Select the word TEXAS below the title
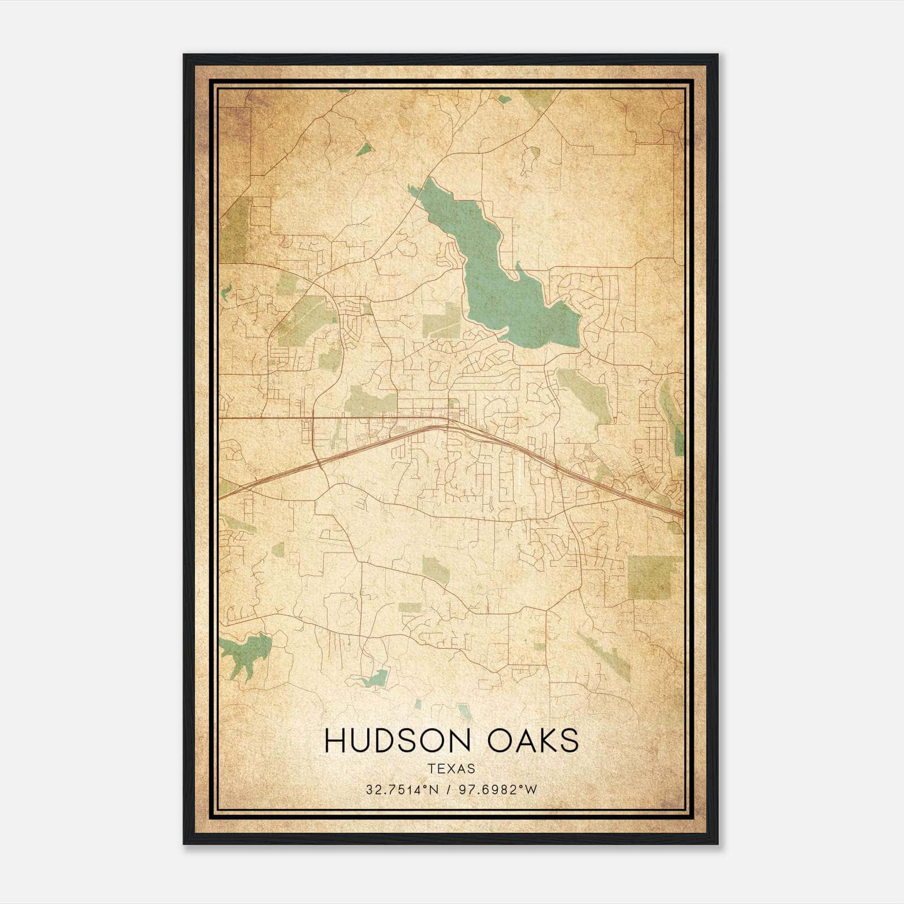coord(451,768)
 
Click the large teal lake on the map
coord(497,282)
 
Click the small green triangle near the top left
coord(364,150)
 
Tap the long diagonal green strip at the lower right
coord(605,655)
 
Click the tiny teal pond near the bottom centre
coord(418,704)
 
